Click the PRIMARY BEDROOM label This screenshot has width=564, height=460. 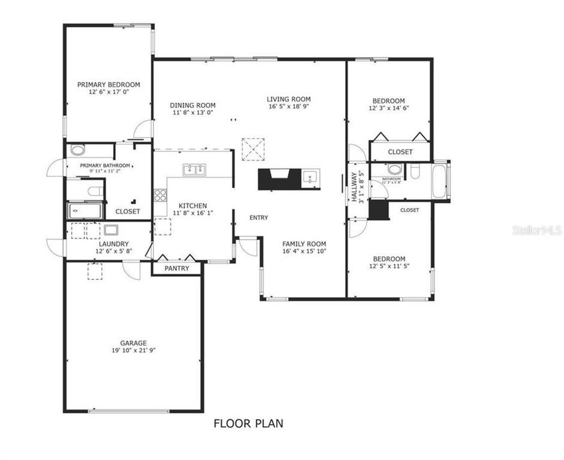[109, 84]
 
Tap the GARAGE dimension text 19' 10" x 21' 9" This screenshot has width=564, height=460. [134, 351]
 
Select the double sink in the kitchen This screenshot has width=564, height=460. [194, 170]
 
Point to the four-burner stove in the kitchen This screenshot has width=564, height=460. [160, 195]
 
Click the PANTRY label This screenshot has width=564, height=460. [176, 268]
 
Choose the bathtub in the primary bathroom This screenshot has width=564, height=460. [84, 210]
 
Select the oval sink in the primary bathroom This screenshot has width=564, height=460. [77, 151]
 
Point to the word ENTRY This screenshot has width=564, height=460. [259, 218]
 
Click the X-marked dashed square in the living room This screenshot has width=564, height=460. [253, 149]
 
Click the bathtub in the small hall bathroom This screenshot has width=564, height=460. [441, 181]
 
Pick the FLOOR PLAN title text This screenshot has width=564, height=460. [248, 423]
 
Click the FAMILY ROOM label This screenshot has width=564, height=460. [304, 244]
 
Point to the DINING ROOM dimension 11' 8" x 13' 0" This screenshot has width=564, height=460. [192, 112]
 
